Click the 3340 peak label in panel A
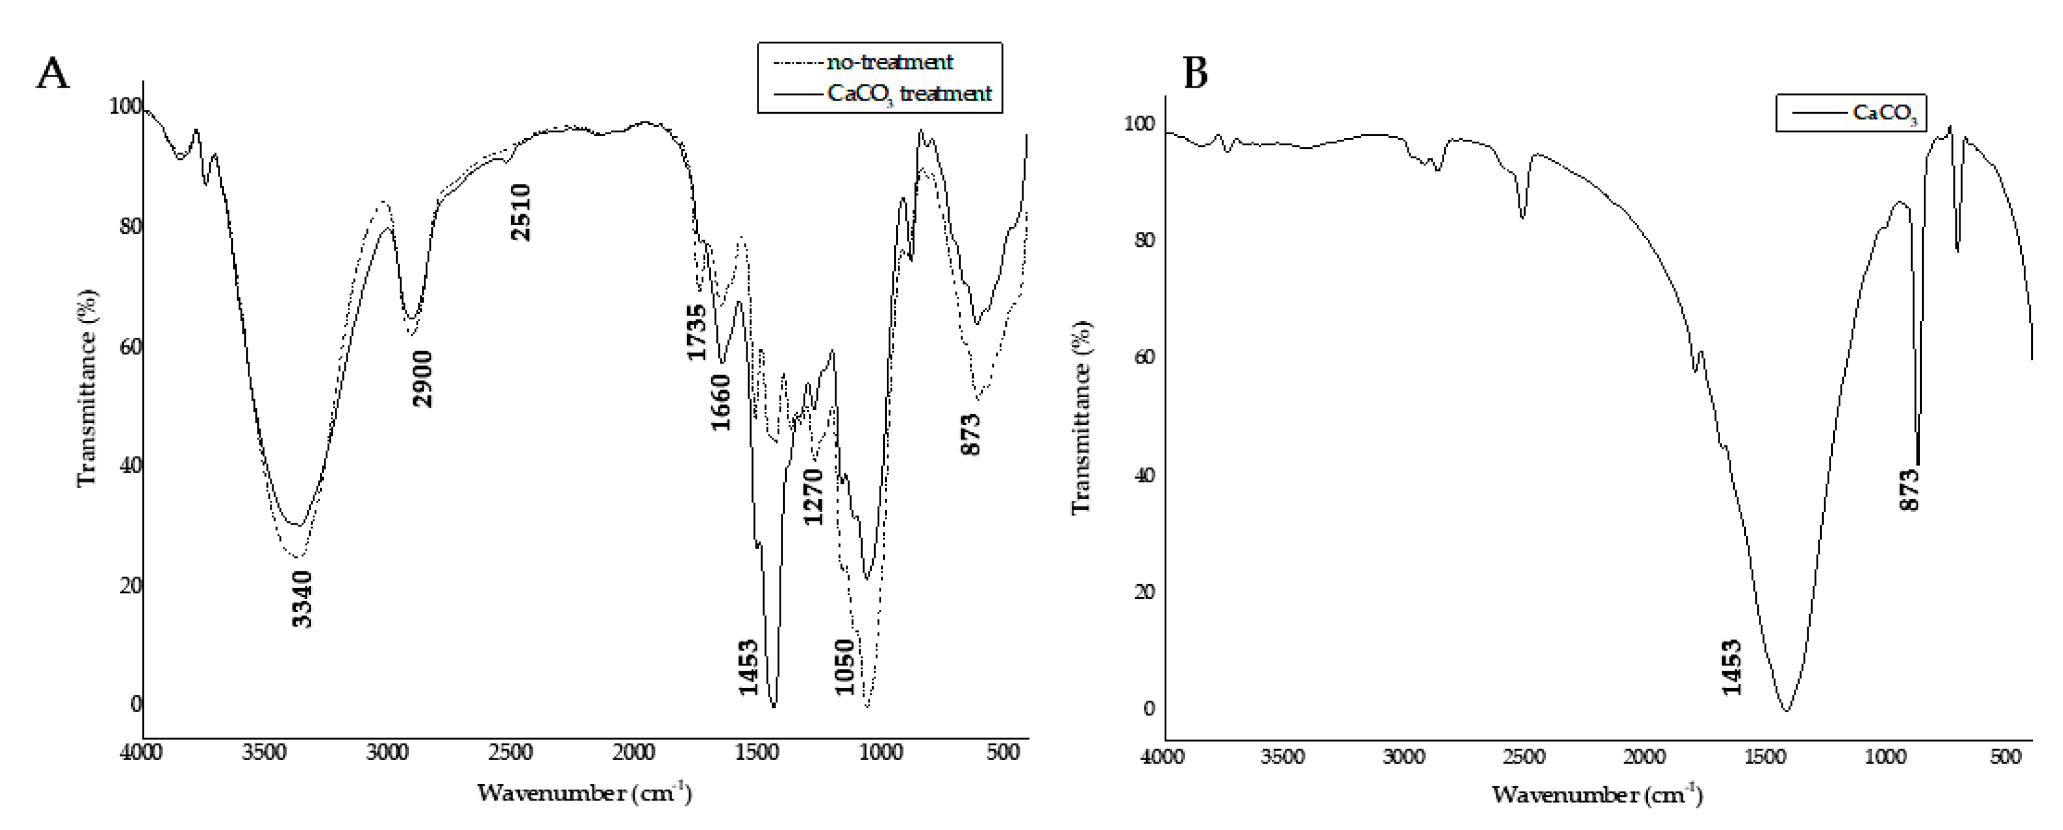coord(302,599)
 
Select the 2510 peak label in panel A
coord(521,212)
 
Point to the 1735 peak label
coord(697,332)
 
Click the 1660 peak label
coord(721,402)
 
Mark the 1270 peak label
coord(813,497)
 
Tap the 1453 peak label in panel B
coord(1731,668)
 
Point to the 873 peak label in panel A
coord(971,435)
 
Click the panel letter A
coord(53,74)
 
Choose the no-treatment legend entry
coord(890,62)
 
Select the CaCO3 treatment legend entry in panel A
coord(909,94)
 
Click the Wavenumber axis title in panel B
coord(1597,795)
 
